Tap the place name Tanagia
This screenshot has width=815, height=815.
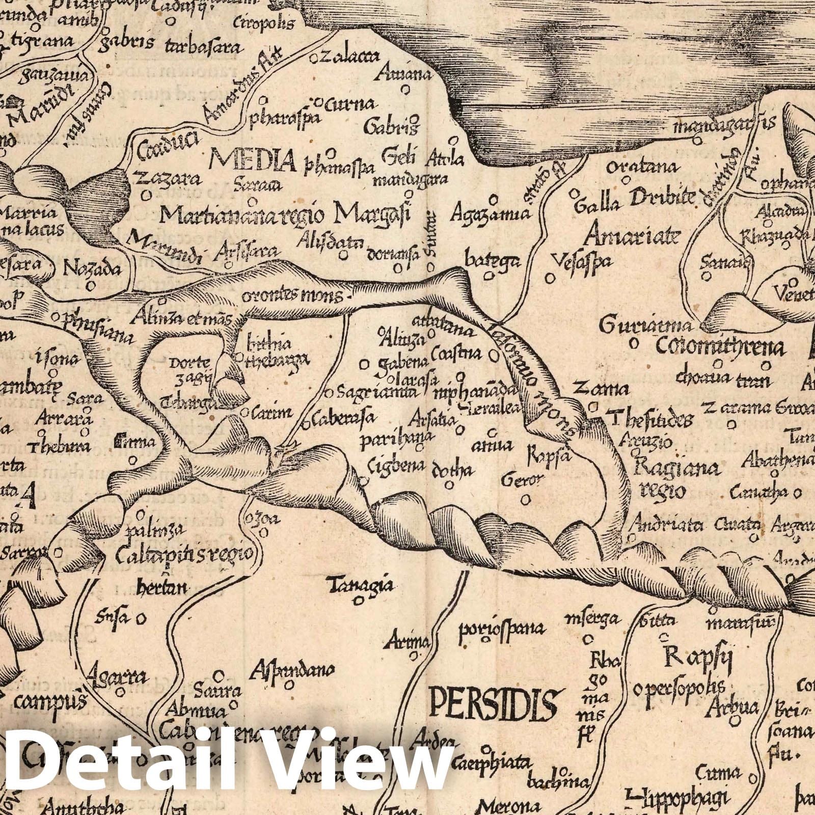coord(361,585)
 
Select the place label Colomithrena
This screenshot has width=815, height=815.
coord(719,348)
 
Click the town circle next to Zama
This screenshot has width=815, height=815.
coord(592,407)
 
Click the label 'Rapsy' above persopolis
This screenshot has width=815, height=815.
coord(698,659)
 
